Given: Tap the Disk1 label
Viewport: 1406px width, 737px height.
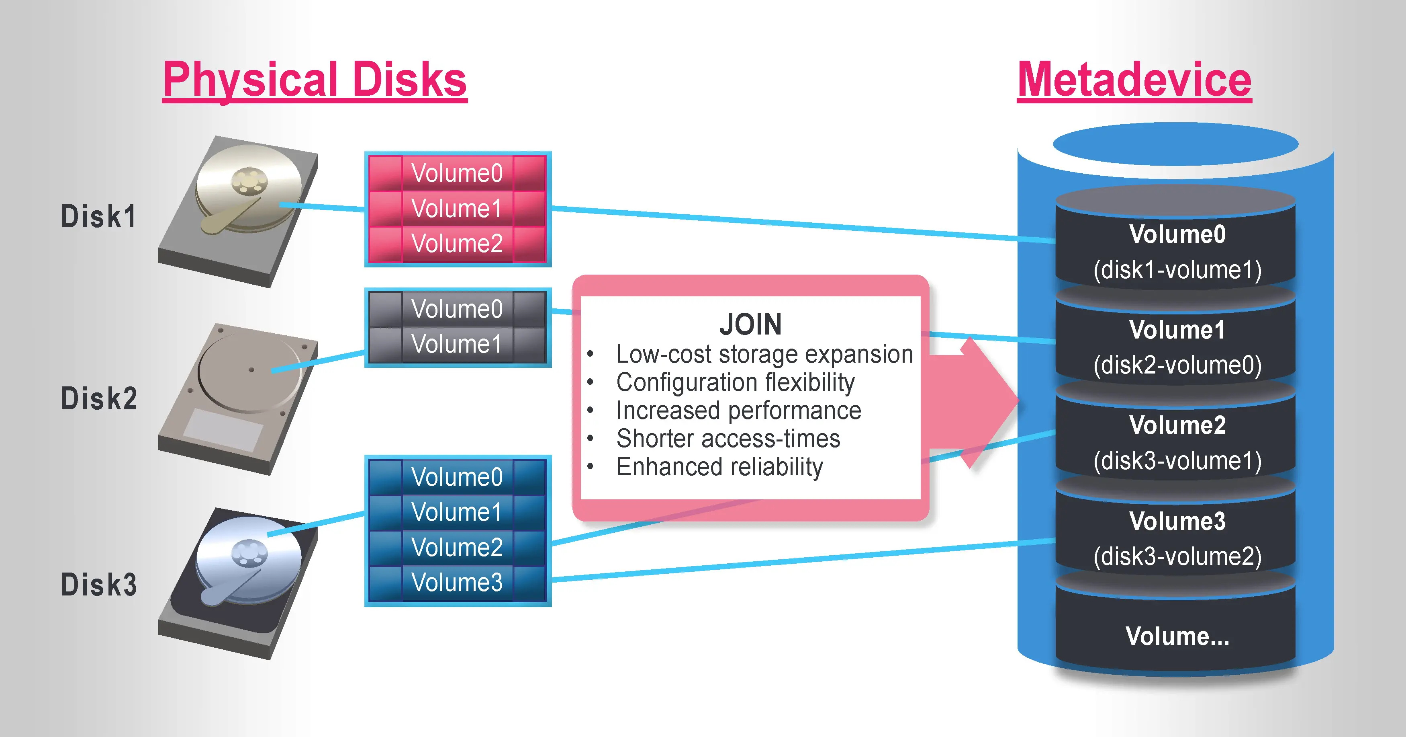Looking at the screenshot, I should (98, 216).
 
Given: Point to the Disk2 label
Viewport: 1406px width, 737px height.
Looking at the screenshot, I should (99, 398).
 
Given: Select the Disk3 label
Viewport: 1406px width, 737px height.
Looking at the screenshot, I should (99, 585).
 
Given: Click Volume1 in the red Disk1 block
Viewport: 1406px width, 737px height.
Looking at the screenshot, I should (457, 208).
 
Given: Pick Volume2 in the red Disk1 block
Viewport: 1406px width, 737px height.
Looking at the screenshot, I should (457, 243).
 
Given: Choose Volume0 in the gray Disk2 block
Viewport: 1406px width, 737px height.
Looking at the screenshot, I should (457, 309).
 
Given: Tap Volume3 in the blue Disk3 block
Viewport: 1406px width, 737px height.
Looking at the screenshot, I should (457, 582).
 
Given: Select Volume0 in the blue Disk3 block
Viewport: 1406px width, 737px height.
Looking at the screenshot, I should (457, 477).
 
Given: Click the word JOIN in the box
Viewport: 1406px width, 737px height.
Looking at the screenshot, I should (750, 324).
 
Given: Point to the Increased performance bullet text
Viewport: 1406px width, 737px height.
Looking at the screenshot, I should (738, 410).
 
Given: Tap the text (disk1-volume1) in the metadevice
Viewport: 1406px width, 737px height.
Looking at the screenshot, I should (1177, 270).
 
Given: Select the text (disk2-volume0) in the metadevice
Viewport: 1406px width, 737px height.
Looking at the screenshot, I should (1177, 365).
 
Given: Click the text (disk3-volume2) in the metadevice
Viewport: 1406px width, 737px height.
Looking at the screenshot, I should (1177, 556).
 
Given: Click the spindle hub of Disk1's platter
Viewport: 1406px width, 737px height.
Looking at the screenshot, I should (249, 181).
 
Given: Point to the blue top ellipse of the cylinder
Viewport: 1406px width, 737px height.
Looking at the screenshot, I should (1175, 144).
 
